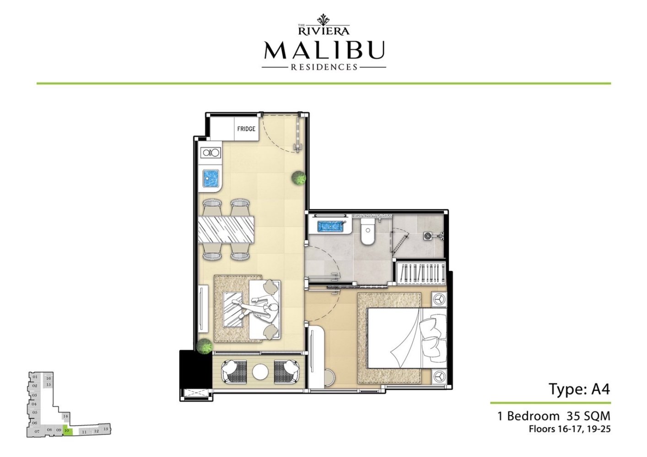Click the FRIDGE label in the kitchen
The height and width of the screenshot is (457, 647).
[246, 129]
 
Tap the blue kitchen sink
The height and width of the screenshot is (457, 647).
[210, 179]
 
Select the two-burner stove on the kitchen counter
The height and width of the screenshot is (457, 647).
[210, 153]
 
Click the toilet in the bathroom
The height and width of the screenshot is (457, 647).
[367, 231]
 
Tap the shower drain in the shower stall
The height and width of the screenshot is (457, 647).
[428, 236]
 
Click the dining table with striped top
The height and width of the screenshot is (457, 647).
[226, 229]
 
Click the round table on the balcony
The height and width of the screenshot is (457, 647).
[260, 371]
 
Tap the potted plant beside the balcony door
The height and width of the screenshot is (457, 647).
[204, 346]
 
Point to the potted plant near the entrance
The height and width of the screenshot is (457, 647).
[299, 178]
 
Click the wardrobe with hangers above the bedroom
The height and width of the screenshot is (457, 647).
[421, 273]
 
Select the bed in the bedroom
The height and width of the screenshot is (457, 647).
[403, 337]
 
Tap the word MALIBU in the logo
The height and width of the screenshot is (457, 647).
[324, 51]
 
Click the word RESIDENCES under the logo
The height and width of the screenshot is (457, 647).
[324, 67]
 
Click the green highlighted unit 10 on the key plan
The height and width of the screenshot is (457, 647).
[67, 430]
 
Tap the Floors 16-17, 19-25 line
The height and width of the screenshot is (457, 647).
[569, 429]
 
